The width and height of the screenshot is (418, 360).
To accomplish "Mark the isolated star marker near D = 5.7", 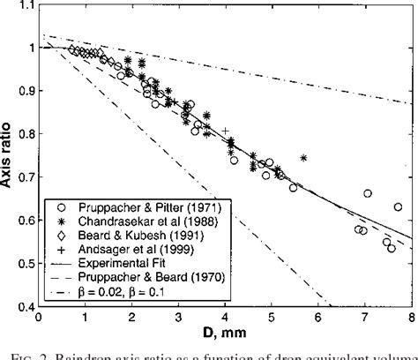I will (303, 158).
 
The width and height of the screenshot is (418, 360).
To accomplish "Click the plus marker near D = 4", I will (225, 131).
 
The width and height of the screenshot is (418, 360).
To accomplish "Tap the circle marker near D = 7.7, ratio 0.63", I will (398, 206).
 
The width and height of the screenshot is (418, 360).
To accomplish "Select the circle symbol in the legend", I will (60, 215).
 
